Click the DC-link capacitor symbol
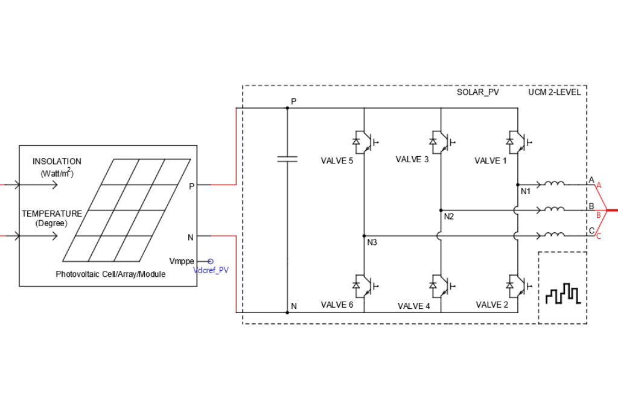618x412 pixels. point(287,159)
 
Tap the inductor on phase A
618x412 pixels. point(555,184)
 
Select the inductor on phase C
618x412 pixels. point(555,235)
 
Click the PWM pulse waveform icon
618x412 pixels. point(562,294)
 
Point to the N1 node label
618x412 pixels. point(525,191)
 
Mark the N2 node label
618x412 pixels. point(448,217)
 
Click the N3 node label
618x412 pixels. point(372,242)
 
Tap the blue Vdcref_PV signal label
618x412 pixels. point(211,270)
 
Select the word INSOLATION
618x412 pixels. point(57,162)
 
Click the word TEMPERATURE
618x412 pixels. point(52,214)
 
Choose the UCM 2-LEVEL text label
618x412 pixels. point(555,92)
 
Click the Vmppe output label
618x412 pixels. point(182,261)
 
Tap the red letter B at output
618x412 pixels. point(598,214)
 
